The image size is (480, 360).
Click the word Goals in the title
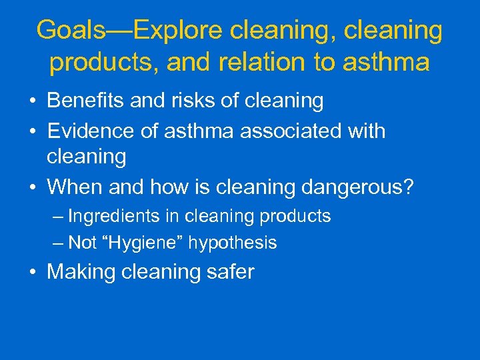69,30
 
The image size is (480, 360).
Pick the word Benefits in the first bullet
83,101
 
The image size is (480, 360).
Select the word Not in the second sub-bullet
82,243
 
